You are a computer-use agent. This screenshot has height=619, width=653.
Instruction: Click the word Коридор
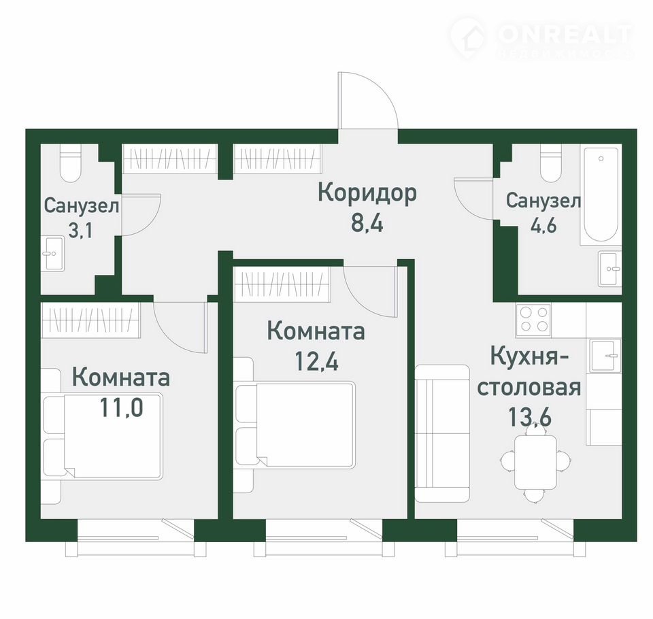[367, 193]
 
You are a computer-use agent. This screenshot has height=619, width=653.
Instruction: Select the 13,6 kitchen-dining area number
[530, 416]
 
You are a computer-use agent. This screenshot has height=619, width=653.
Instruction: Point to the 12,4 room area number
[316, 361]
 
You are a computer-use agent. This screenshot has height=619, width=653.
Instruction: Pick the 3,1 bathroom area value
[80, 230]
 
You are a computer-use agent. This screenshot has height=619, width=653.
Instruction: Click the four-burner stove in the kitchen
[533, 320]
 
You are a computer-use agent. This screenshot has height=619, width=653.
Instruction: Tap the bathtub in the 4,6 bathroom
[600, 195]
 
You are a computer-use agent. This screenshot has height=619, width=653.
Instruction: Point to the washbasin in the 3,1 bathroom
[52, 254]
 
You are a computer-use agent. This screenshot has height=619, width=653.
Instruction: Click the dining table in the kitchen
[535, 463]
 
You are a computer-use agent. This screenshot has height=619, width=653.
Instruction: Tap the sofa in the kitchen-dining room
[442, 433]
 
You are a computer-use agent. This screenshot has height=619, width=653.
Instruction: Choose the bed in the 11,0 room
[103, 436]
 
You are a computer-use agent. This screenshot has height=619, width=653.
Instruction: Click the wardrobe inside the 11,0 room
[90, 320]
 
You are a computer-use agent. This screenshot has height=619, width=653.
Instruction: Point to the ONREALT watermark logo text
[565, 34]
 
